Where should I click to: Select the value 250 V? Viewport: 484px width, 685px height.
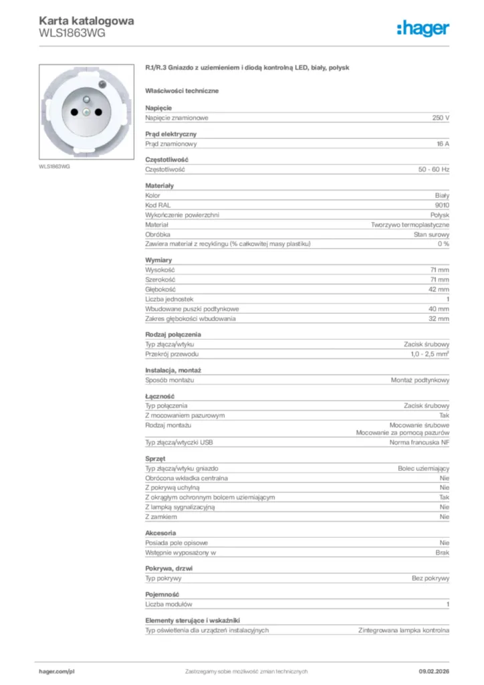point(441,118)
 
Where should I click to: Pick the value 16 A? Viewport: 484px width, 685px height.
point(442,144)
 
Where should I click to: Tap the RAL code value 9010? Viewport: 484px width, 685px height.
point(442,205)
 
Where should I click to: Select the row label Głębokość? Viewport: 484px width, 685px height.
point(160,290)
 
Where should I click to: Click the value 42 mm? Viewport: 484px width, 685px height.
point(439,290)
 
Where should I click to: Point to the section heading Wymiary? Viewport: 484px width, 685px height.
point(158,260)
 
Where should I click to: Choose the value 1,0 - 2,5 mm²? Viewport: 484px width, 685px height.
point(430,353)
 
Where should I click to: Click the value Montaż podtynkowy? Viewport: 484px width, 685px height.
point(420,380)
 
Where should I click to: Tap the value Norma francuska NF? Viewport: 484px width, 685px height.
point(419,443)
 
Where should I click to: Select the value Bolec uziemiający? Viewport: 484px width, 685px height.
point(424,469)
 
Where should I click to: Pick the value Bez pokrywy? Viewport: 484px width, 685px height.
point(431,578)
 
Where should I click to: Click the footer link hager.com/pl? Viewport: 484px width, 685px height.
point(56,671)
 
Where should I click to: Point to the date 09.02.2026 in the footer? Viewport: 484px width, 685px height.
point(434,671)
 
